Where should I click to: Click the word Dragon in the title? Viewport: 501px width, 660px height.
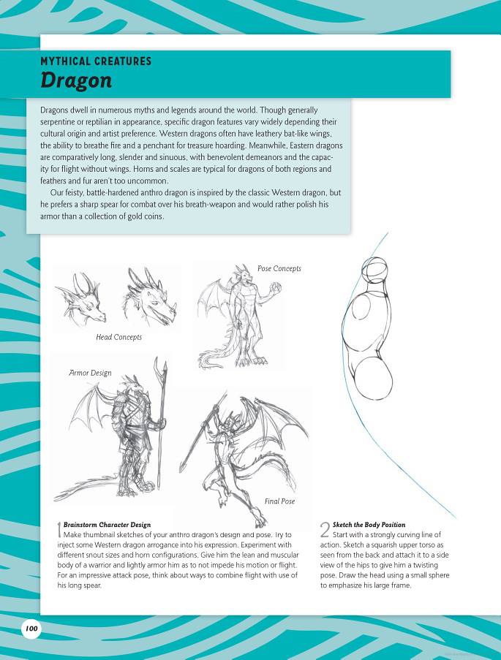75,80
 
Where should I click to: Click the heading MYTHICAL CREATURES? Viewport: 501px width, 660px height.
96,61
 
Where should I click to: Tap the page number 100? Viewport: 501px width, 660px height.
31,628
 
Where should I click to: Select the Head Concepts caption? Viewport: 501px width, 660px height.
118,337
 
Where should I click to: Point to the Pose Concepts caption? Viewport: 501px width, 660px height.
279,269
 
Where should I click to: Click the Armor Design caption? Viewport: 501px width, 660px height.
90,373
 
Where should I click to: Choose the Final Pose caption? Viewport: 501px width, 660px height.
280,501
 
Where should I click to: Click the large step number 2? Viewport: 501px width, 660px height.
325,530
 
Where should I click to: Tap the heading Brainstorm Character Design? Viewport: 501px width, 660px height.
107,525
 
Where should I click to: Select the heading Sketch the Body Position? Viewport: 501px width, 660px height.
369,525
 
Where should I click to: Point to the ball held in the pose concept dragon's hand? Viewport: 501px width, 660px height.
276,289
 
